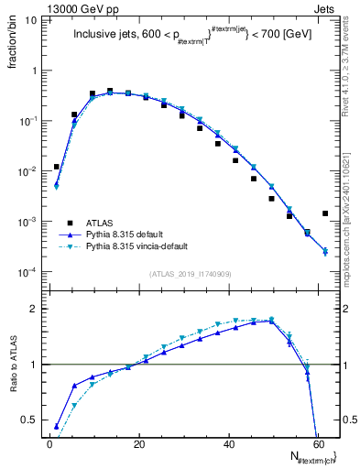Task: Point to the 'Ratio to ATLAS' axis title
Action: [x=15, y=364]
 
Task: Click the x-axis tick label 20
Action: [x=139, y=444]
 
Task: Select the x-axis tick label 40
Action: [x=229, y=444]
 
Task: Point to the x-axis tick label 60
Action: [x=318, y=444]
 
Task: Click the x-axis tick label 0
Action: [x=50, y=444]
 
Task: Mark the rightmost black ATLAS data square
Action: [x=325, y=213]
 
